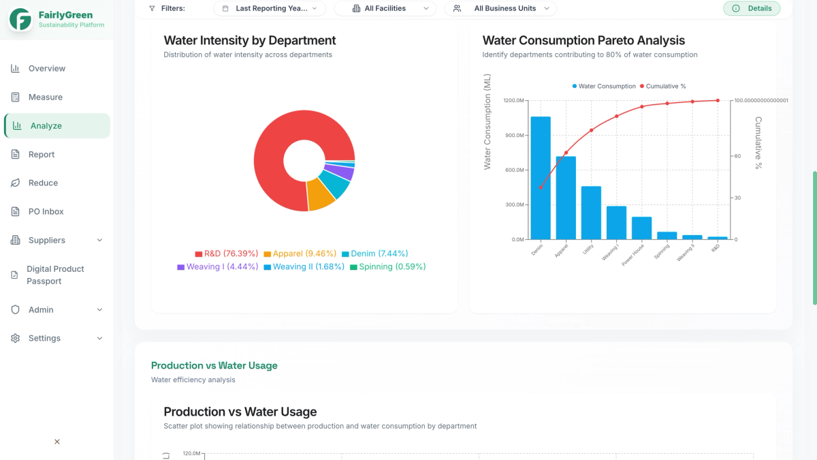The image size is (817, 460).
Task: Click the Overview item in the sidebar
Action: pos(46,69)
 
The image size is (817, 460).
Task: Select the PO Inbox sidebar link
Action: pos(46,212)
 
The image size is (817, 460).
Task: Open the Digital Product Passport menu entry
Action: pos(55,275)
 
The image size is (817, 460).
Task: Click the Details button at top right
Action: pos(752,9)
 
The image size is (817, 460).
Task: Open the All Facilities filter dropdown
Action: pos(385,9)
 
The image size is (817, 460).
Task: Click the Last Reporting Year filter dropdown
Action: pos(270,9)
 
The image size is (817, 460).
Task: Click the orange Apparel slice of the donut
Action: pos(320,194)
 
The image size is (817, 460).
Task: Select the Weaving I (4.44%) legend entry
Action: pos(218,267)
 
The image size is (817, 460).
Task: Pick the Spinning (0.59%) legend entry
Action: pos(388,267)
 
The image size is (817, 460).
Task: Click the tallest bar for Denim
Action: pos(541,177)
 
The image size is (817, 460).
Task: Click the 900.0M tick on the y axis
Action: pos(514,136)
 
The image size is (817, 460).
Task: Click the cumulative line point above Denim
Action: pos(541,187)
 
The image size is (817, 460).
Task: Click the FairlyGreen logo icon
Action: pos(20,20)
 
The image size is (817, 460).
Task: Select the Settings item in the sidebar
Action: pos(44,339)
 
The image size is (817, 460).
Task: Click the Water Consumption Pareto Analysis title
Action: pos(583,41)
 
